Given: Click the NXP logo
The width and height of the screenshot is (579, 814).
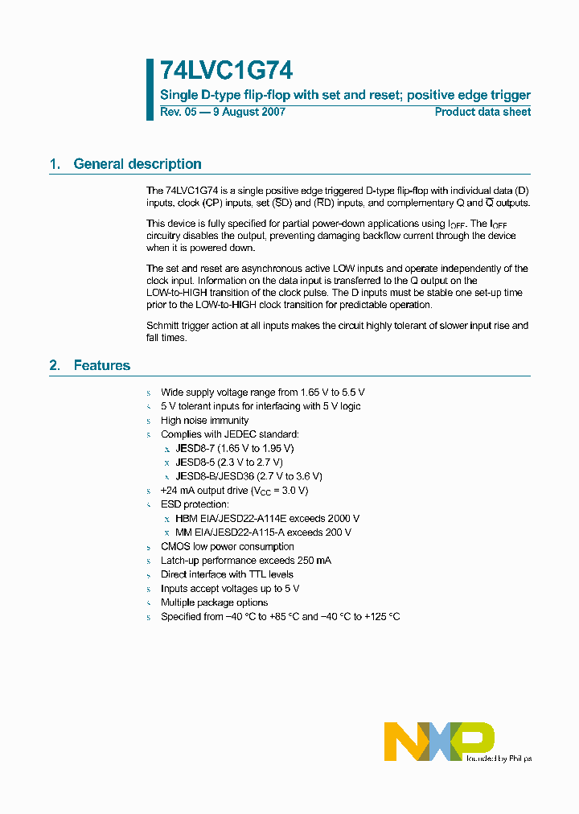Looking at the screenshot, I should tap(438, 741).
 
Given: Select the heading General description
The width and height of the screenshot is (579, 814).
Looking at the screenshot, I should tap(137, 164).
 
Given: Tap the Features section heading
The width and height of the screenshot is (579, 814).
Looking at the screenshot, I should tap(101, 365).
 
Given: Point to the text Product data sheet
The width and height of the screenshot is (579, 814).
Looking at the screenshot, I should tap(482, 112).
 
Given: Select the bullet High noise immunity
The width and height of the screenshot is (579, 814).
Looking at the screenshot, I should tap(204, 421).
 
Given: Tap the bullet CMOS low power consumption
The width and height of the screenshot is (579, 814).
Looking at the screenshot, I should tap(228, 547).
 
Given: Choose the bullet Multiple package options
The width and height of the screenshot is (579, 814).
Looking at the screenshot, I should tap(214, 602).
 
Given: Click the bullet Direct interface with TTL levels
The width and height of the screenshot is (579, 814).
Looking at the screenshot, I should tap(227, 574).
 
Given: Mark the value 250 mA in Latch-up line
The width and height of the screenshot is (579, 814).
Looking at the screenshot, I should tap(315, 561).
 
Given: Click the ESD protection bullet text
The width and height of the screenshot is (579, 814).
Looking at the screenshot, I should tap(195, 504).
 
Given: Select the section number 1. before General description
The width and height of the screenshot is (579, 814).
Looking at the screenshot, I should tap(55, 164).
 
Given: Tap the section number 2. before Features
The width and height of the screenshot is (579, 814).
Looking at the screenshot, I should tap(55, 365).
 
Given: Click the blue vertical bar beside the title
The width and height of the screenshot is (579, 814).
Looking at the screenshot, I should tap(150, 89).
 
